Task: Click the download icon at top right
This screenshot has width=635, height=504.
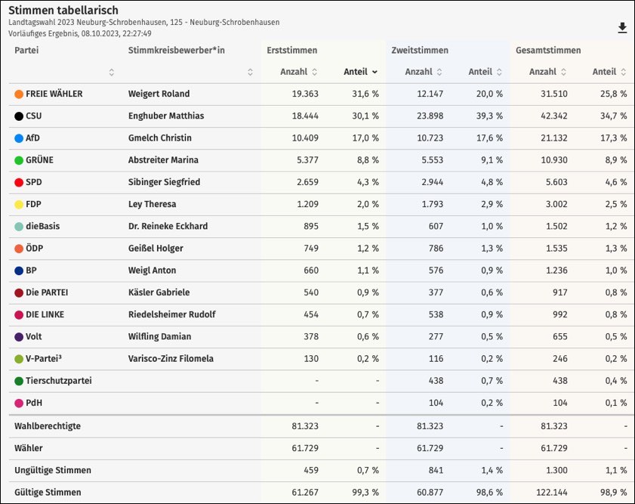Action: point(622,28)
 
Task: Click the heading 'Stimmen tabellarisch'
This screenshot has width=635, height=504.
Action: point(63,10)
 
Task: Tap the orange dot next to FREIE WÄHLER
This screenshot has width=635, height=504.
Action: point(19,94)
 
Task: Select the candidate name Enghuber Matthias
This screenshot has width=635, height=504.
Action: point(166,116)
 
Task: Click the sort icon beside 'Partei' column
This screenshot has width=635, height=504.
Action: point(112,73)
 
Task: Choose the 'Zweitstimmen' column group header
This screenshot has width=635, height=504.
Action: point(420,51)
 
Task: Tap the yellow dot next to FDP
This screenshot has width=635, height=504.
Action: point(19,204)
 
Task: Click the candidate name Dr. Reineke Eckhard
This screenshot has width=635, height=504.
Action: point(168,227)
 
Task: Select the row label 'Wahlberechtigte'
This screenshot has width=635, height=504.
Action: point(48,426)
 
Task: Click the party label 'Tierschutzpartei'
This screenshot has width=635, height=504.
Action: point(59,381)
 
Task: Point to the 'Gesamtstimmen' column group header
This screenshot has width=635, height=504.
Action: point(548,51)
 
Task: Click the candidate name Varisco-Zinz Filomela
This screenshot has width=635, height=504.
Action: point(171,359)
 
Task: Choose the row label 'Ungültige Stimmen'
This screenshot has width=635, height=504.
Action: point(53,470)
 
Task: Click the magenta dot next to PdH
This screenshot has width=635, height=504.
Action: point(19,403)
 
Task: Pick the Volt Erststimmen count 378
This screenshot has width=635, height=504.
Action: point(308,336)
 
